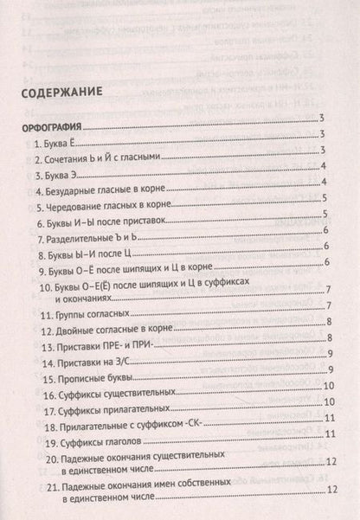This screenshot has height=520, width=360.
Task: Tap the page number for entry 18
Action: pos(330,418)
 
